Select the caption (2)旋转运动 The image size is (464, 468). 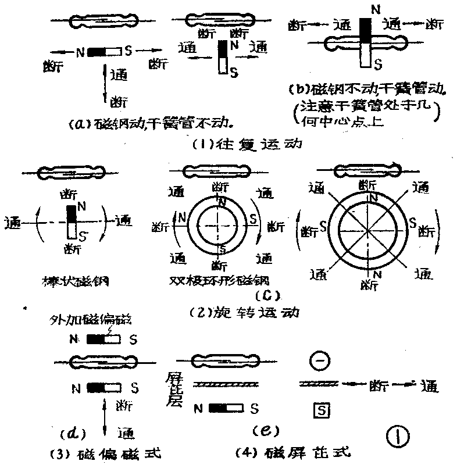pyautogui.click(x=244, y=312)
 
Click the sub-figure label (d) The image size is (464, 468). pyautogui.click(x=73, y=433)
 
